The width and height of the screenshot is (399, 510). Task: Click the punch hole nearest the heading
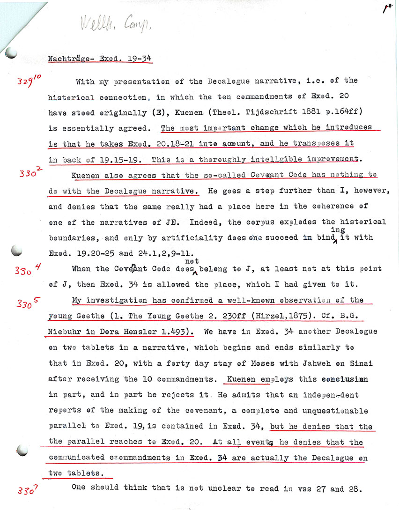coord(12,54)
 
